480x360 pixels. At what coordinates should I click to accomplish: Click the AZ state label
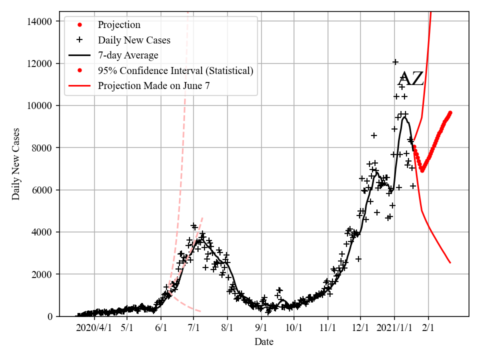(x=410, y=79)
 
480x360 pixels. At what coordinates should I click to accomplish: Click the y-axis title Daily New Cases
(x=16, y=164)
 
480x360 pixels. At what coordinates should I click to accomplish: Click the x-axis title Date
(x=263, y=342)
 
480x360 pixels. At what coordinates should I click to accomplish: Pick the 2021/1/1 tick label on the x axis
(x=394, y=328)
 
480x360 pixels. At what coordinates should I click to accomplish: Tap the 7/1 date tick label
(x=194, y=328)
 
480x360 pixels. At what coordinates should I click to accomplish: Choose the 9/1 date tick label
(x=261, y=328)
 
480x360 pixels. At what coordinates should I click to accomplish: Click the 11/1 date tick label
(x=327, y=328)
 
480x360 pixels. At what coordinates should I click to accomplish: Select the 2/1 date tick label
(x=428, y=328)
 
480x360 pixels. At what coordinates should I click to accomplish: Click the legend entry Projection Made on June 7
(x=153, y=85)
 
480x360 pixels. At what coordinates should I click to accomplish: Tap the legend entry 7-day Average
(x=128, y=55)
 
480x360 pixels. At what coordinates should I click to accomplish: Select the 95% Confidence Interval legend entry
(x=175, y=70)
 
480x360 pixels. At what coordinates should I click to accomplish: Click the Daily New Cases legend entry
(x=134, y=40)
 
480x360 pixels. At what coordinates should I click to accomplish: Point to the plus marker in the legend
(x=79, y=40)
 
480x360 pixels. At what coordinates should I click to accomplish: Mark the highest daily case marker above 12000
(x=395, y=62)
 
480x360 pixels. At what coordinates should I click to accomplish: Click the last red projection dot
(x=450, y=112)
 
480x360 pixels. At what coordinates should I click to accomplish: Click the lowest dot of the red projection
(x=422, y=170)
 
